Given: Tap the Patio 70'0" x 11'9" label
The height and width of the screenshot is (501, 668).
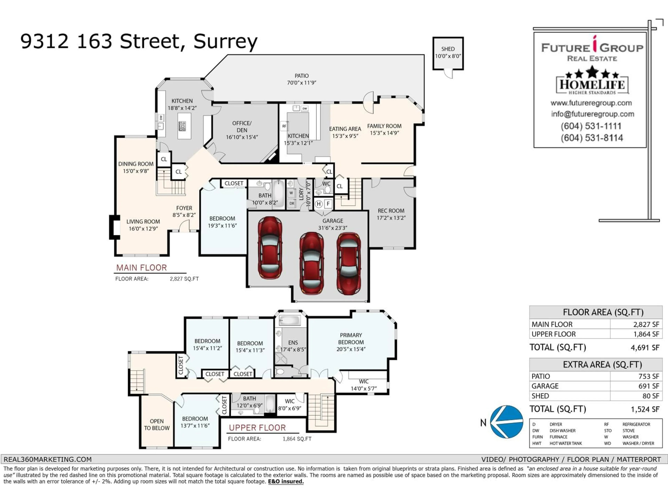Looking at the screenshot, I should tap(301, 79).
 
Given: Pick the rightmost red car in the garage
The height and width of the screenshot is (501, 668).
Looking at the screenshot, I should tap(349, 263).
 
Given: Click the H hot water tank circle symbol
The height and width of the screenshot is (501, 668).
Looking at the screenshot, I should tap(319, 204).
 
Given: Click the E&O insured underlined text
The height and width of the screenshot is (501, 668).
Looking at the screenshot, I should tap(286, 481).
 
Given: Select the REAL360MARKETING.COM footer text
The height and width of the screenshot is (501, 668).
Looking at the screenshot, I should tap(47, 459).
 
